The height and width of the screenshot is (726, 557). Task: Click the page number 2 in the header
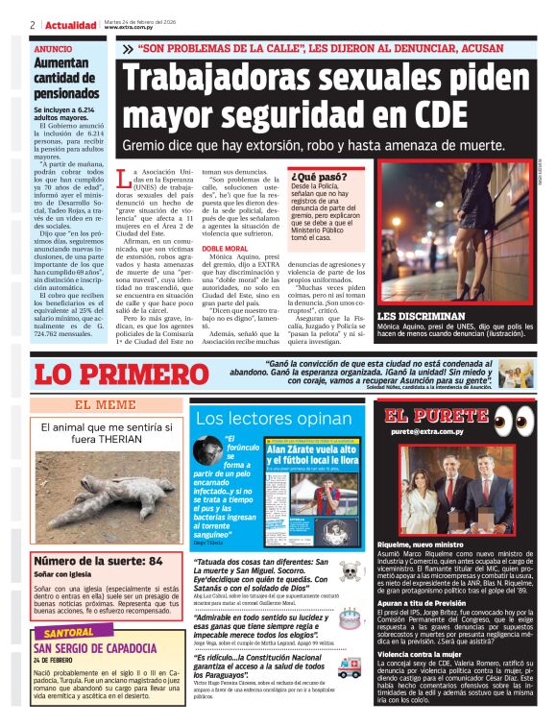coord(32,24)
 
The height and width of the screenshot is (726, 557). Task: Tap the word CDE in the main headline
coord(457,116)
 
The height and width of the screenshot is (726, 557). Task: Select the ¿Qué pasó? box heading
coord(320,177)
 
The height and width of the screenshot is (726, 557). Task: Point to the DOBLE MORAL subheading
coord(224,249)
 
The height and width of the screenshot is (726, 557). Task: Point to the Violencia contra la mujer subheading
coord(423,653)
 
